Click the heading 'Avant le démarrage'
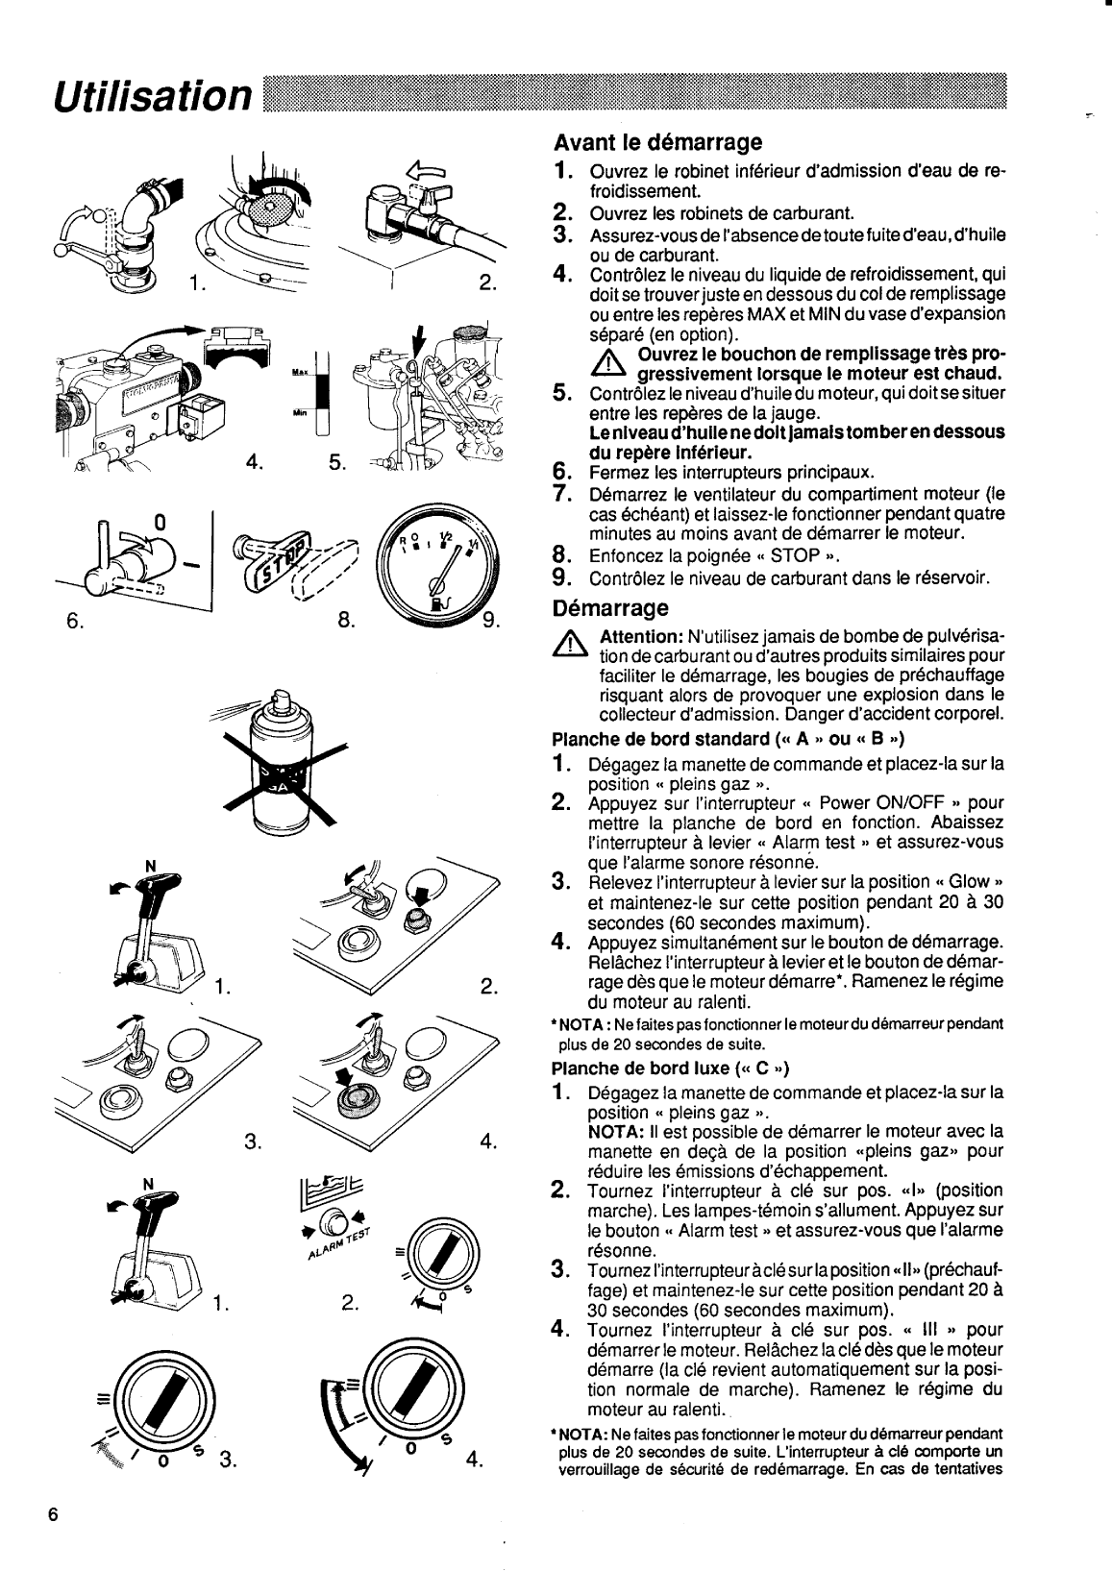point(657,143)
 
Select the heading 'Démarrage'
point(610,608)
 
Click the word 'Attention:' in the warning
point(640,637)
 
